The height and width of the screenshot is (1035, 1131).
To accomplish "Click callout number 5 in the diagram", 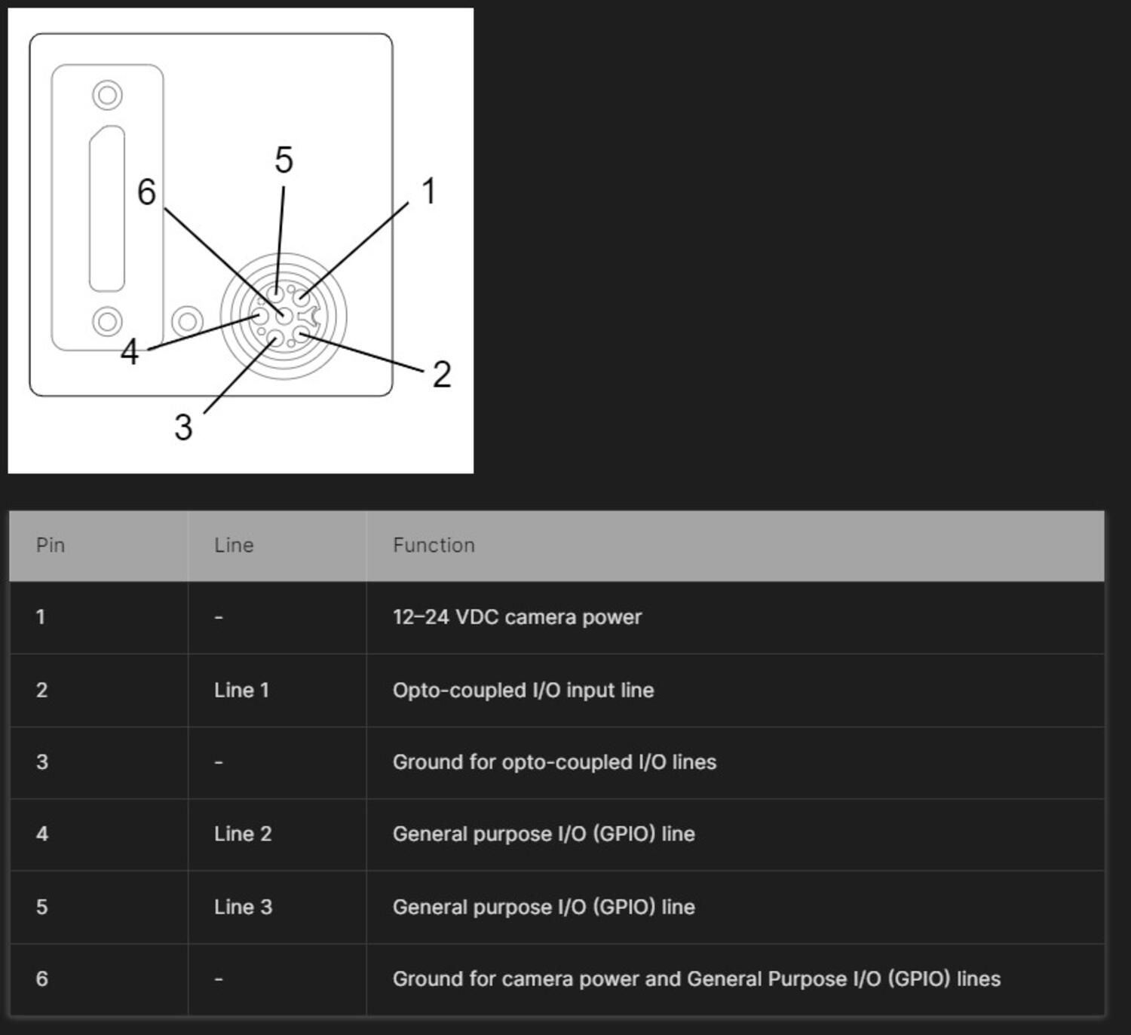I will (x=284, y=160).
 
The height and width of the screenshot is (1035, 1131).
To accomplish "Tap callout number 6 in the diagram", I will (x=146, y=191).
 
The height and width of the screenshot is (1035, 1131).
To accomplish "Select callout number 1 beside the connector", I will (x=429, y=191).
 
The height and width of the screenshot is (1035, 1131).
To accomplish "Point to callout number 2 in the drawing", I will (x=442, y=375).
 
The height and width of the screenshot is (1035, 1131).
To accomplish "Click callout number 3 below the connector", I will (x=183, y=427).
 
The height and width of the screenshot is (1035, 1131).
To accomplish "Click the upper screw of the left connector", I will (x=107, y=96).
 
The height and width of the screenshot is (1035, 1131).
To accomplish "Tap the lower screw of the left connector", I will (x=107, y=322).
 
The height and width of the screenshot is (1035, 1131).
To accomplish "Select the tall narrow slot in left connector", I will (x=107, y=208).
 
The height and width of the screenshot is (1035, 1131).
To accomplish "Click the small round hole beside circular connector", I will (x=187, y=322).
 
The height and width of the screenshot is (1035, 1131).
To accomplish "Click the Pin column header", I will (x=51, y=545).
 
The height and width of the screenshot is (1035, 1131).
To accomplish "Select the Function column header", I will (x=434, y=545).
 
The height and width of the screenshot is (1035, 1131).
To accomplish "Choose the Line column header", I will (x=234, y=545).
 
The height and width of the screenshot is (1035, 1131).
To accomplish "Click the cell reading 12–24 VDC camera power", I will (x=516, y=617).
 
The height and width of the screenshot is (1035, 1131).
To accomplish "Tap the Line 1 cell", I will (x=241, y=690).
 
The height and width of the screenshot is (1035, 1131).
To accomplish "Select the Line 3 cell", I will (x=243, y=907).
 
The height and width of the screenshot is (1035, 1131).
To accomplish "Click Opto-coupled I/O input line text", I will (x=523, y=690).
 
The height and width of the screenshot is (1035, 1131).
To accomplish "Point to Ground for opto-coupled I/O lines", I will (x=554, y=762).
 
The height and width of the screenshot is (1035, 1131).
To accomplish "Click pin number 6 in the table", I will (x=42, y=978).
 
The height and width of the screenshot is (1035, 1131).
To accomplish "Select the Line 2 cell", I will (x=243, y=834).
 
